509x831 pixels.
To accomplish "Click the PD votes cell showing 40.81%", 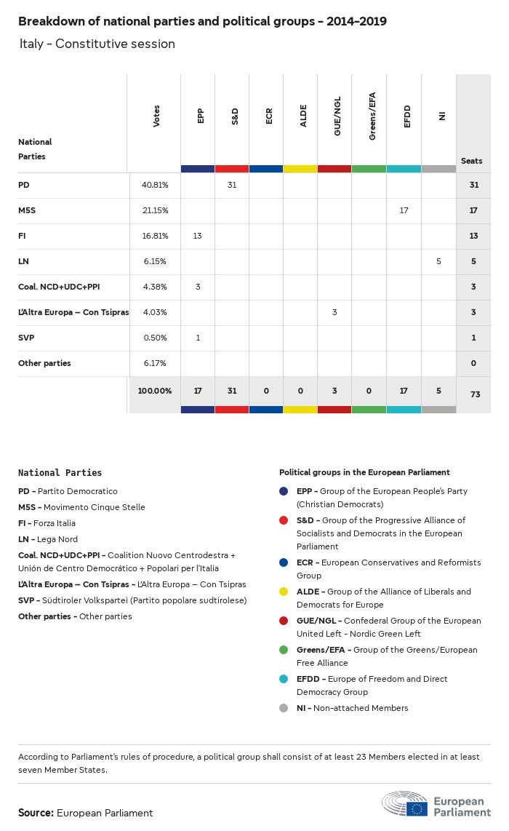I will (x=154, y=186).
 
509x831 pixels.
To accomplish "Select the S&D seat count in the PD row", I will (x=232, y=186).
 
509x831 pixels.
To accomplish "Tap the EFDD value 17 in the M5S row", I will (x=404, y=211).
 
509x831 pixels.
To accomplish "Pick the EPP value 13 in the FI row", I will (x=198, y=236).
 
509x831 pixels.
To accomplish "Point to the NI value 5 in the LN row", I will (x=438, y=261).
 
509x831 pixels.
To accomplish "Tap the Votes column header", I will (x=156, y=116).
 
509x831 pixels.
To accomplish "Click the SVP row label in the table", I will (x=26, y=338).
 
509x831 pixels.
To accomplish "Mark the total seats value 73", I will (x=475, y=394).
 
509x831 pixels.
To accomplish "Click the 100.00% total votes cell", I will (x=154, y=391).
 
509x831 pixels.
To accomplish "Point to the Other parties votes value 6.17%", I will (x=154, y=363).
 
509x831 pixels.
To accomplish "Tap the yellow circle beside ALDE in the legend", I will (x=284, y=592).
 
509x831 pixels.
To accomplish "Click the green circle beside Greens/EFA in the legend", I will (x=284, y=650).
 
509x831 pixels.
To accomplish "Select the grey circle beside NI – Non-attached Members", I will (x=284, y=708).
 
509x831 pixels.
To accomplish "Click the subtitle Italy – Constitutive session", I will (x=97, y=44).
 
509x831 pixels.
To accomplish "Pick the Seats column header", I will (x=471, y=161).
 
